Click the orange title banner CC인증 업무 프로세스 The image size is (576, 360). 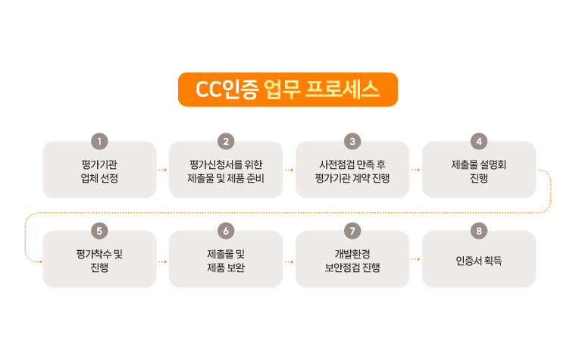click(x=288, y=89)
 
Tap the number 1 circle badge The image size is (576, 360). click(x=99, y=141)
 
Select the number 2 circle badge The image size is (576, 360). click(x=225, y=141)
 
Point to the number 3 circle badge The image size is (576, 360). click(x=352, y=141)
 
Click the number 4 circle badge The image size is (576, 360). click(x=478, y=141)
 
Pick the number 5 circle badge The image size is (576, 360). click(x=99, y=230)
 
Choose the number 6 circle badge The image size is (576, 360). click(x=225, y=230)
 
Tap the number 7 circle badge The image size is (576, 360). click(x=352, y=230)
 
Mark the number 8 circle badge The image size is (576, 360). click(x=478, y=230)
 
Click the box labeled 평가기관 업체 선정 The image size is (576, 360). click(x=99, y=171)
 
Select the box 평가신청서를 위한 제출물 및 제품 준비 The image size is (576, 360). click(x=226, y=171)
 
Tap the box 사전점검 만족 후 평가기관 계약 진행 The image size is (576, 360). click(x=352, y=171)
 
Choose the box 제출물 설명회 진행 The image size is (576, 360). click(x=479, y=171)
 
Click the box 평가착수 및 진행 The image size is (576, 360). click(x=99, y=260)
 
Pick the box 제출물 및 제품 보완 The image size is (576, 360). click(x=226, y=260)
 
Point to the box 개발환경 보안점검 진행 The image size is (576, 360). click(x=352, y=260)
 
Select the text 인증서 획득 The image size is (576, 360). click(x=479, y=260)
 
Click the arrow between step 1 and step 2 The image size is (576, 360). click(x=162, y=171)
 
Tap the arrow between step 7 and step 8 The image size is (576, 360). click(x=415, y=259)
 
